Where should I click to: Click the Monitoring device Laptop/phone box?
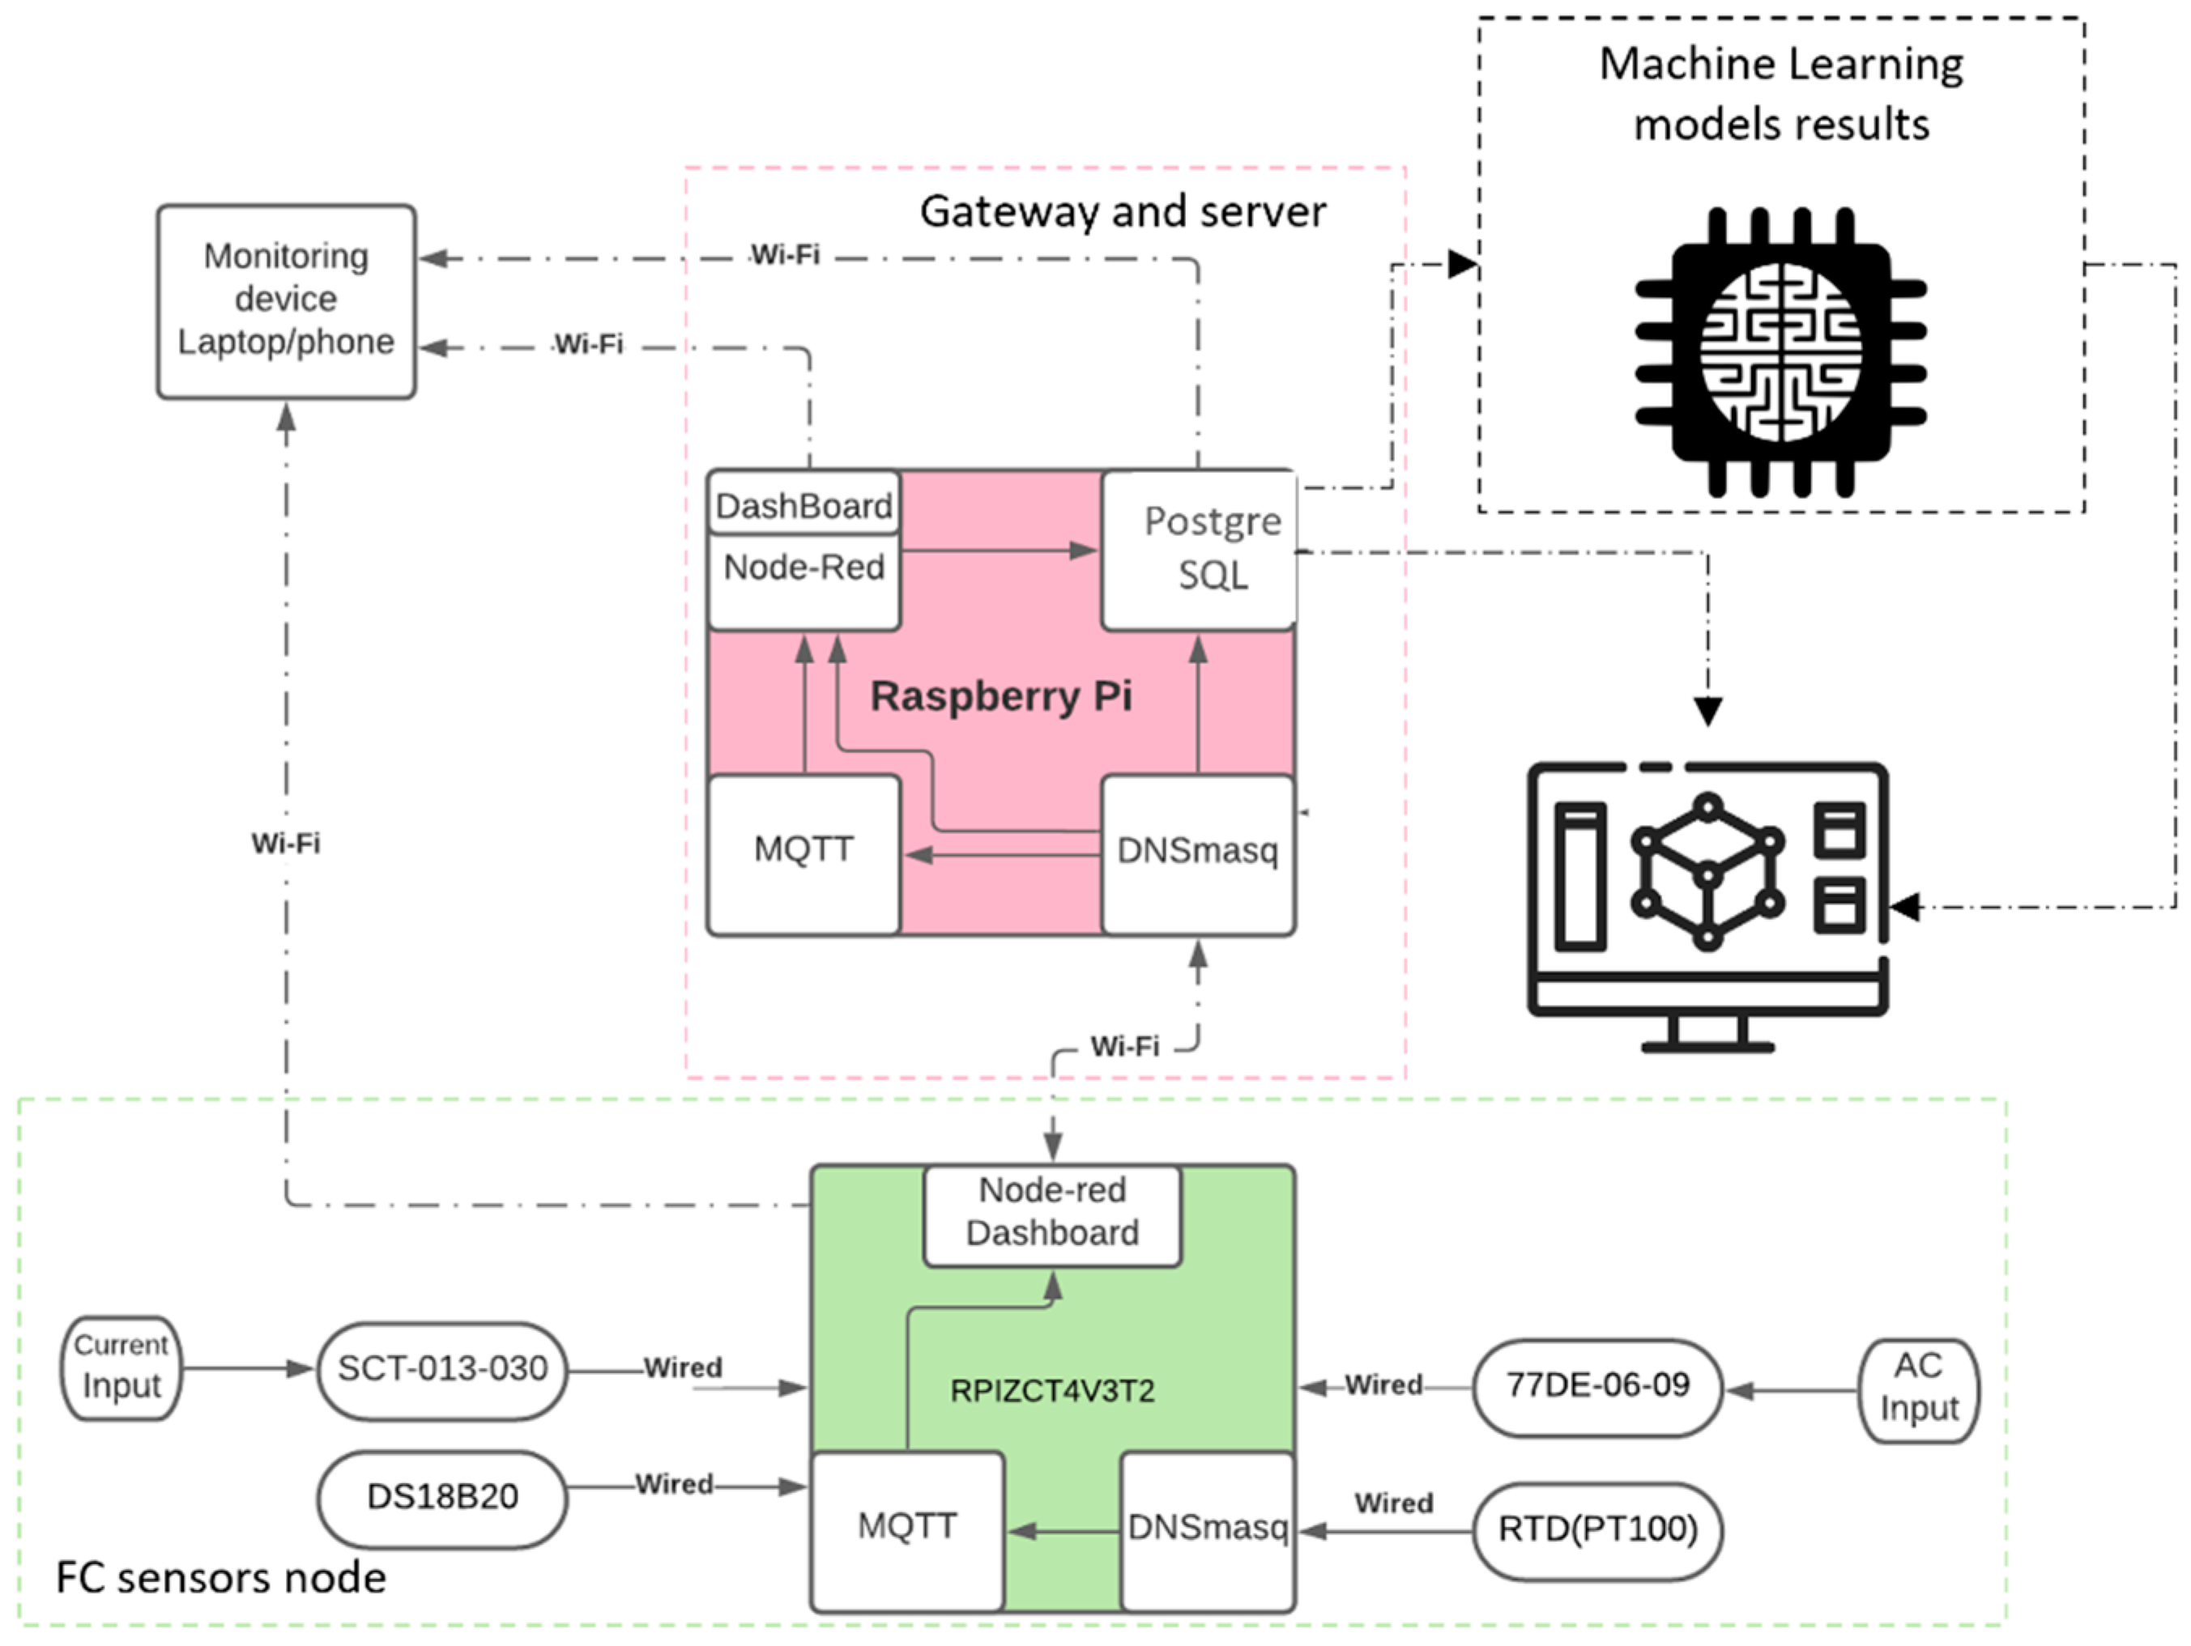coord(285,301)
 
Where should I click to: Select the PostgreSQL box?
coord(1199,550)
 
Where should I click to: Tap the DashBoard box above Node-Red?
coord(804,505)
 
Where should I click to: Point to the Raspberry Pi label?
coord(1000,696)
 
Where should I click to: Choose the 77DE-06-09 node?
coord(1596,1387)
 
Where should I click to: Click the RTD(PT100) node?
coord(1596,1531)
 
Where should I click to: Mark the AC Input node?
coord(1919,1389)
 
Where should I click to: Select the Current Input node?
coord(121,1367)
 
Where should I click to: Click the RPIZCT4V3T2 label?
coord(1052,1392)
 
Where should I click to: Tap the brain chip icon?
coord(1780,351)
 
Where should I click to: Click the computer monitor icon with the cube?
coord(1707,901)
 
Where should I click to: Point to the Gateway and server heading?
coord(1123,212)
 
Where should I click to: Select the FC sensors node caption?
coord(220,1578)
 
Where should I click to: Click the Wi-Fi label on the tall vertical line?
coord(285,844)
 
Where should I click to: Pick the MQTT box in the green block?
coord(906,1527)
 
